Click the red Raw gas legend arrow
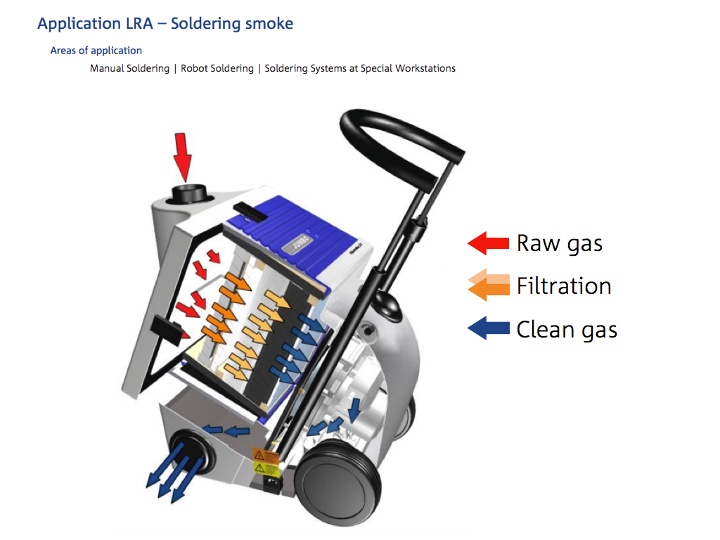point(488,243)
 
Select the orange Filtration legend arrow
point(488,285)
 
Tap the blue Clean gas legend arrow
point(488,328)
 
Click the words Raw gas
point(560,243)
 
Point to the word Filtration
point(564,286)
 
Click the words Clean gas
point(567,329)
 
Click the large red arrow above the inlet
point(183,155)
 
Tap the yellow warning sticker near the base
point(266,461)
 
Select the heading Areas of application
point(96,51)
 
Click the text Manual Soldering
point(129,68)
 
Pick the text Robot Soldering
point(217,68)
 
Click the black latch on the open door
point(164,328)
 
